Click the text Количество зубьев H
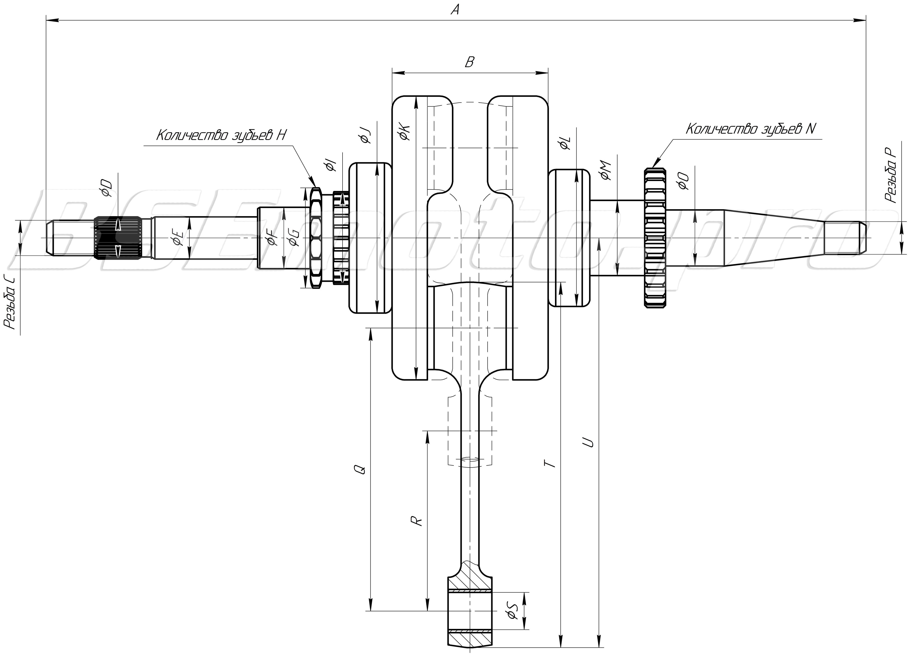click(x=221, y=135)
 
